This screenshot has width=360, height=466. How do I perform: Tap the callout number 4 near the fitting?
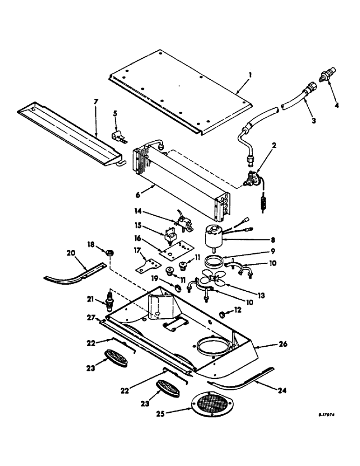click(336, 105)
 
